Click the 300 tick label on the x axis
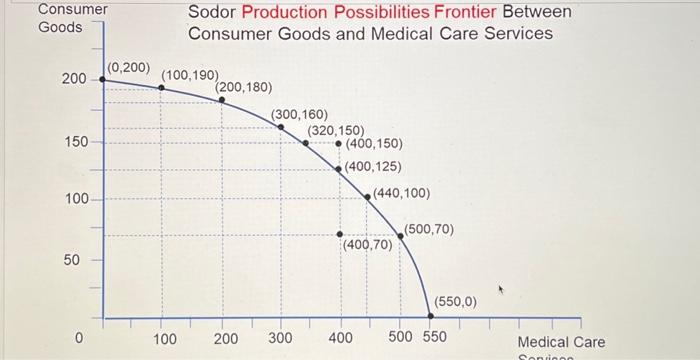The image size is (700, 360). [x=281, y=339]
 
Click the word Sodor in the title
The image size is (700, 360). [x=213, y=12]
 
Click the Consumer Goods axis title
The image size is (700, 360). [x=73, y=18]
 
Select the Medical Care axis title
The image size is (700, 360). [x=561, y=342]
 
